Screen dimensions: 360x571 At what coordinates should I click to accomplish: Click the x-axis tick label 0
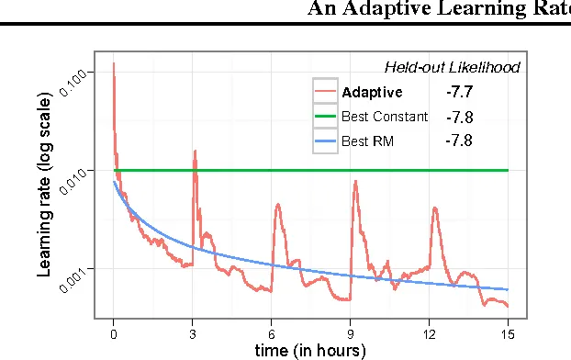[113, 334]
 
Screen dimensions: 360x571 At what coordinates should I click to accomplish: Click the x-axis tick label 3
[192, 334]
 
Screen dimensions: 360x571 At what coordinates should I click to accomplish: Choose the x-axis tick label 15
[509, 334]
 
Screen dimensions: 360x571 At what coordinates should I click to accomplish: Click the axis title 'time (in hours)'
[310, 350]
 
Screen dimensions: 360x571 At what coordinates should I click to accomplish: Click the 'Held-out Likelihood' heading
[451, 67]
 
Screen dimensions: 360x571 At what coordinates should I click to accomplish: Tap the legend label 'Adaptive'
[371, 92]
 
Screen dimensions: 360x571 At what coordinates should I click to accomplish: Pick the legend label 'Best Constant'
[384, 117]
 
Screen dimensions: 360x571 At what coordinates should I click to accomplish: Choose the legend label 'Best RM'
[367, 141]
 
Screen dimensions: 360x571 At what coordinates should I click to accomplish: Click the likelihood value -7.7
[458, 92]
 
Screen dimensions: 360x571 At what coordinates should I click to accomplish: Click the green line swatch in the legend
[325, 117]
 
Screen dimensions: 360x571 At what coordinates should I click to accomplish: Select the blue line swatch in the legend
[325, 141]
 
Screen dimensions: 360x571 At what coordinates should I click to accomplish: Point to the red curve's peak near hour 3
[195, 152]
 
